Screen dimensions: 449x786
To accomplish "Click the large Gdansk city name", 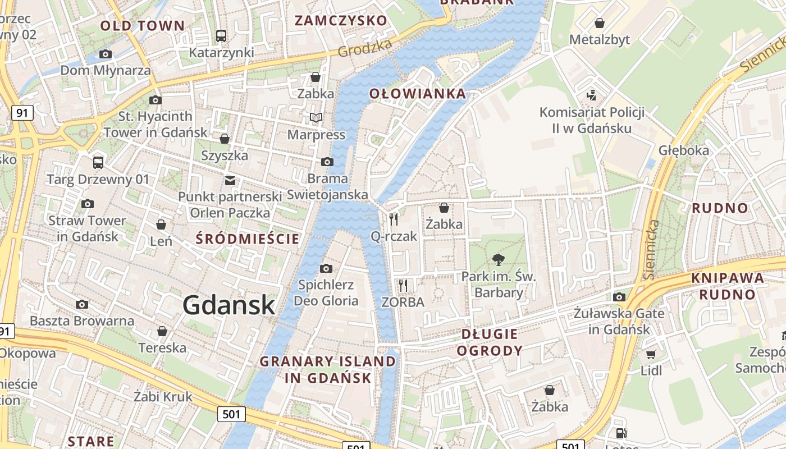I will click(x=229, y=305).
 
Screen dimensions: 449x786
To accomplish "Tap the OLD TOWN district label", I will click(x=142, y=25).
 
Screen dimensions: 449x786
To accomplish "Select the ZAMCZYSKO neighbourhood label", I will click(x=341, y=21).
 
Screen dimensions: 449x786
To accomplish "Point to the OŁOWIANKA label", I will click(x=418, y=94).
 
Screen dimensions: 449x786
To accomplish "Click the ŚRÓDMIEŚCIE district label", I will click(x=248, y=239).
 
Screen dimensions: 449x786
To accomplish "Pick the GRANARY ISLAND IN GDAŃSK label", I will click(x=328, y=369).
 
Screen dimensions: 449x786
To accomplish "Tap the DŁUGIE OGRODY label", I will click(x=490, y=342).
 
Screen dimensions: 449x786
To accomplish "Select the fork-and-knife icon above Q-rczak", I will click(x=394, y=219).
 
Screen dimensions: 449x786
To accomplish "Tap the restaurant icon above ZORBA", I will click(x=403, y=285).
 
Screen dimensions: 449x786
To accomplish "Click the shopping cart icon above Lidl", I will click(x=651, y=354).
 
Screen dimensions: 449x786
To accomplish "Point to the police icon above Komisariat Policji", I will click(x=591, y=95).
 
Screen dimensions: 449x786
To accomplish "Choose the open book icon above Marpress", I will click(x=316, y=117).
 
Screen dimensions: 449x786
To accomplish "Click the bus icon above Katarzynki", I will click(x=221, y=36).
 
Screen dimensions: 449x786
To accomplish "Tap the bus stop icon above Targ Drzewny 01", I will click(x=98, y=163).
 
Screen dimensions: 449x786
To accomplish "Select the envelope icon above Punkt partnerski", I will click(x=230, y=180).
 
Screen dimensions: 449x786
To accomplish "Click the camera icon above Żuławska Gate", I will click(x=619, y=297).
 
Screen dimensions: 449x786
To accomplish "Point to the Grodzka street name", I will click(x=364, y=48).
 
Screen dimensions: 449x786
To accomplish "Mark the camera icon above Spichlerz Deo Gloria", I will click(x=326, y=268).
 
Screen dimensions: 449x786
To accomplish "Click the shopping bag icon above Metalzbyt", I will click(x=600, y=23).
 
